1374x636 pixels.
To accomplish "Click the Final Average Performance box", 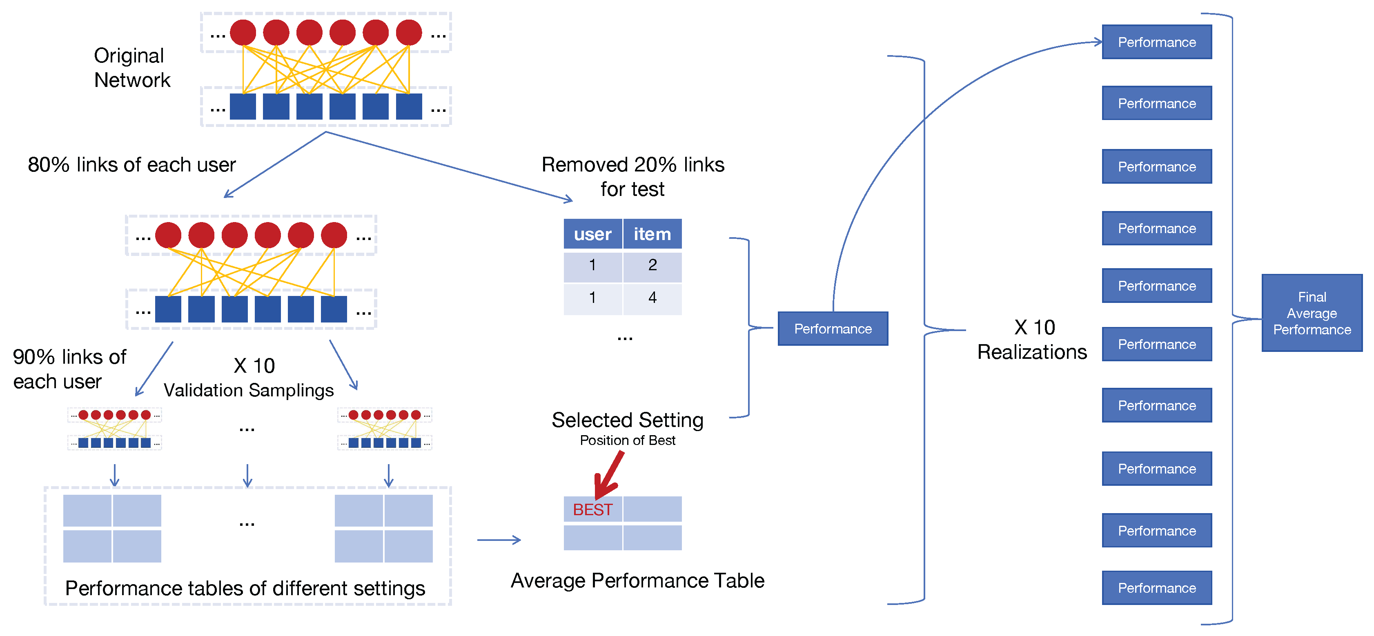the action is click(1312, 313).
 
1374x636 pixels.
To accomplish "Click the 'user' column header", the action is click(592, 233).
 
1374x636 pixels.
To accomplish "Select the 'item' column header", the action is click(652, 233).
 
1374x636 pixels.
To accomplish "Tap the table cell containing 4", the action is click(652, 298).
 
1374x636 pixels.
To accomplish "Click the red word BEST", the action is click(592, 509).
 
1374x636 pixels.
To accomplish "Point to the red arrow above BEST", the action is click(608, 474).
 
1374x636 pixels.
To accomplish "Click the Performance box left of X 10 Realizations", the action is click(833, 328).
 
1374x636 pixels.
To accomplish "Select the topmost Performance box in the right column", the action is click(1157, 42).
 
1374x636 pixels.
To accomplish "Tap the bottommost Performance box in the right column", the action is click(1157, 587).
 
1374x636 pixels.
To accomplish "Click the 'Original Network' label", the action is click(132, 68).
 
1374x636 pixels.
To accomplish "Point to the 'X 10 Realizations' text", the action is click(1032, 340).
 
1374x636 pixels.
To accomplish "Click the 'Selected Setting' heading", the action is click(627, 420).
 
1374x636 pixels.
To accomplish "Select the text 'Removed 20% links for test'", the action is click(632, 176).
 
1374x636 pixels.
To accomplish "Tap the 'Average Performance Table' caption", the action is click(637, 580).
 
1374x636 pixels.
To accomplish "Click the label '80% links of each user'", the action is click(132, 165).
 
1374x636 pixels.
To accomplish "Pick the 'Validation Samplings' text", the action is click(249, 390).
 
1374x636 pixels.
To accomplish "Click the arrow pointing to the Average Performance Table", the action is click(499, 540).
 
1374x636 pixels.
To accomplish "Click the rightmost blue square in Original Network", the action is click(409, 106).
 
